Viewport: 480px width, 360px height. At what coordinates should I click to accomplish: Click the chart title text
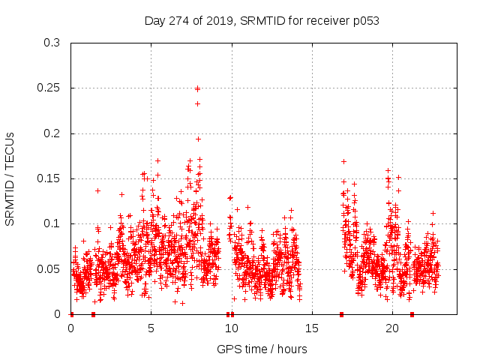pyautogui.click(x=262, y=21)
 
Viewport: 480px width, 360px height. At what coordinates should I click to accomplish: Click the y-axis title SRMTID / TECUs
pyautogui.click(x=10, y=178)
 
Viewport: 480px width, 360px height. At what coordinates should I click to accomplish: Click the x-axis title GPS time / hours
pyautogui.click(x=262, y=349)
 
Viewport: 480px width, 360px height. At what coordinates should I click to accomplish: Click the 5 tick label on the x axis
pyautogui.click(x=151, y=328)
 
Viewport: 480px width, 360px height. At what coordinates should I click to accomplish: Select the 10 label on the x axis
pyautogui.click(x=232, y=328)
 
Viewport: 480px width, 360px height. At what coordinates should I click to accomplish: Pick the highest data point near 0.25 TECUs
pyautogui.click(x=197, y=88)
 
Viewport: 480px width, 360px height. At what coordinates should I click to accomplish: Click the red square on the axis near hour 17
pyautogui.click(x=341, y=314)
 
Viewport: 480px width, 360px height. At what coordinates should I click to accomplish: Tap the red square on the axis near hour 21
pyautogui.click(x=412, y=314)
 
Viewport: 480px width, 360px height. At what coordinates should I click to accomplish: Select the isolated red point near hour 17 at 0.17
pyautogui.click(x=343, y=161)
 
